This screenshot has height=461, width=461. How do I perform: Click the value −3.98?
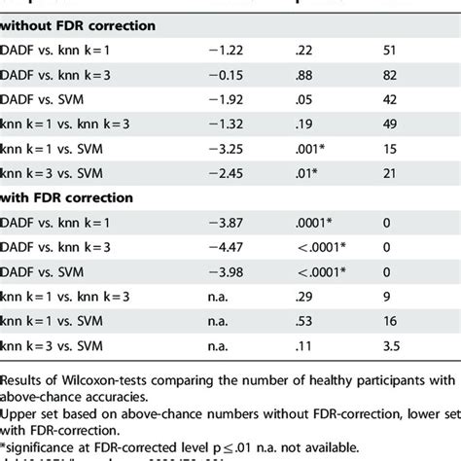[x=226, y=271]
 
